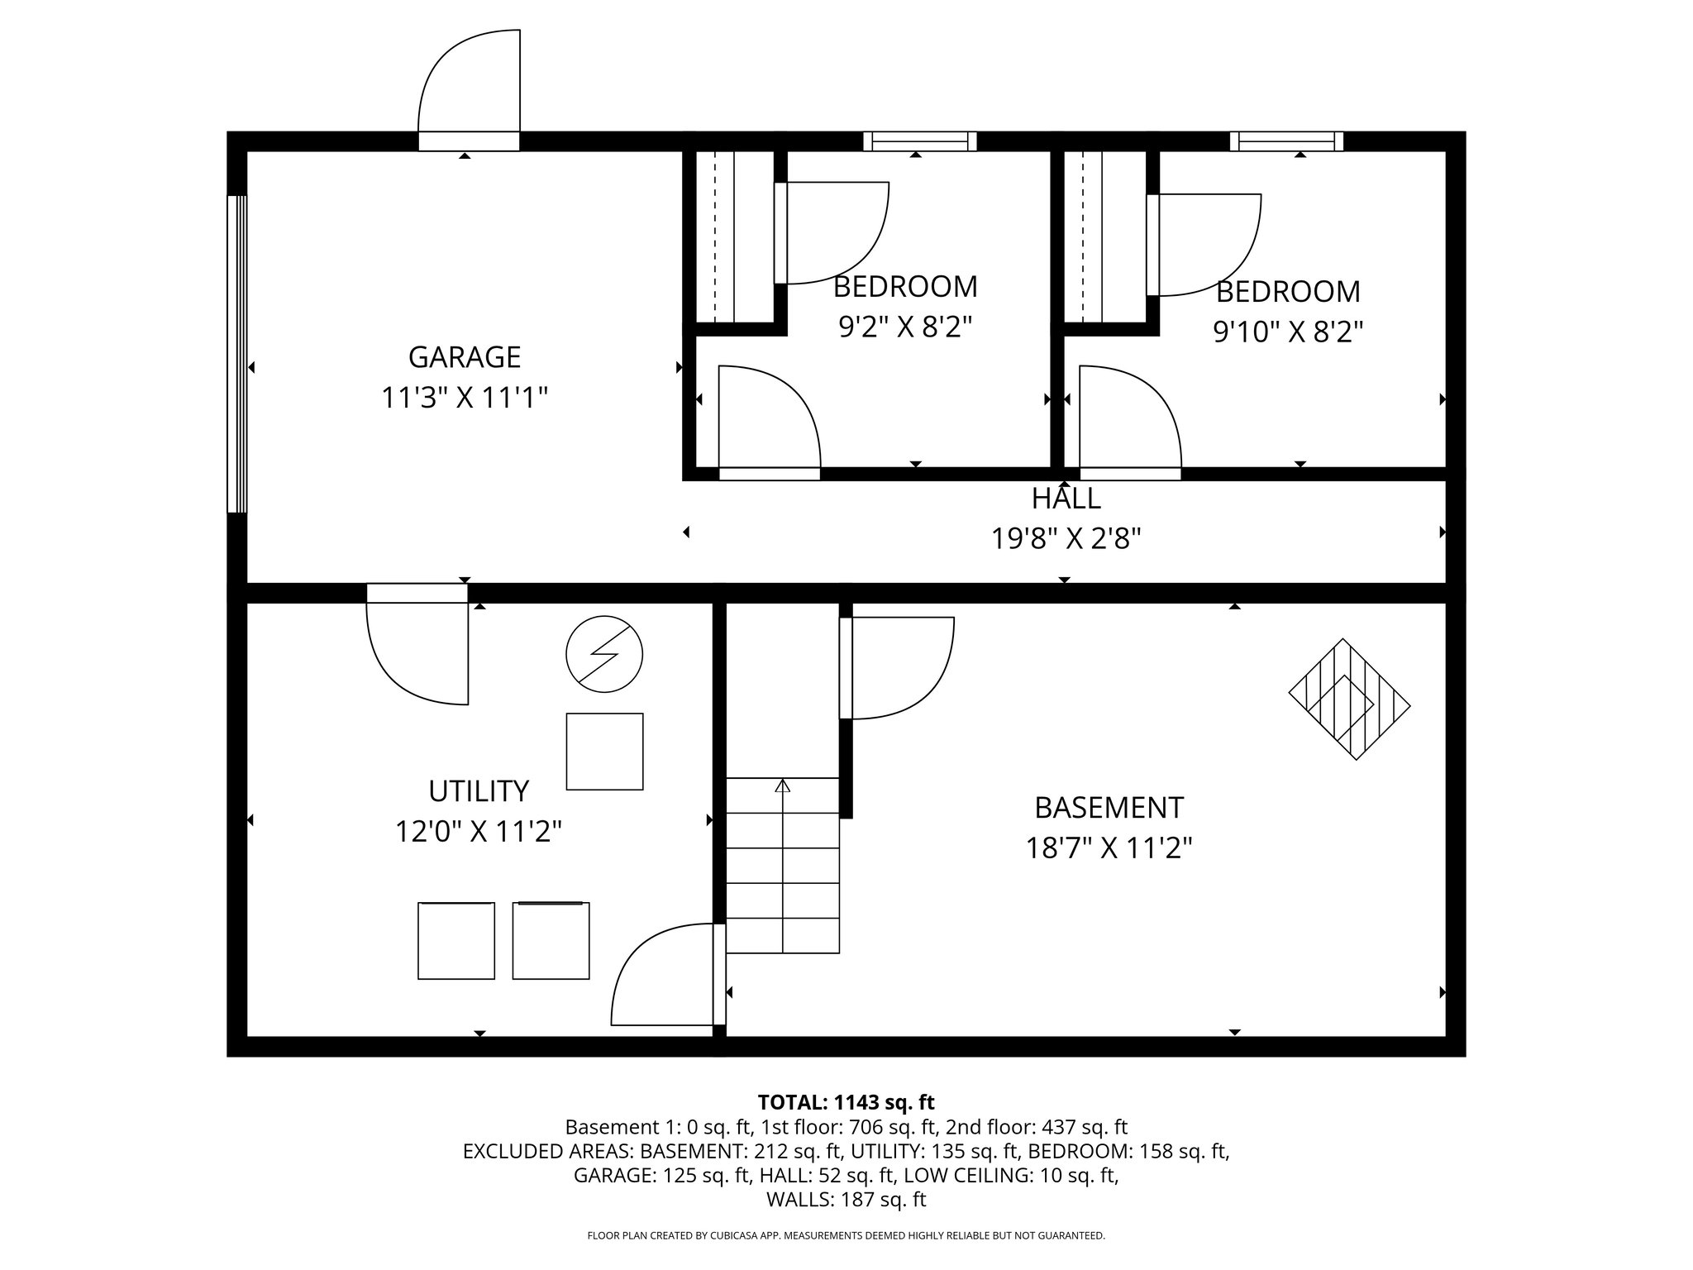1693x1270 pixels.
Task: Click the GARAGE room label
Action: click(465, 357)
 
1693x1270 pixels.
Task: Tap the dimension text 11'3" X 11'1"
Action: click(465, 399)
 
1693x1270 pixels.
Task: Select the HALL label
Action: click(1066, 499)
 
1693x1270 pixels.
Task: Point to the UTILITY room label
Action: click(478, 791)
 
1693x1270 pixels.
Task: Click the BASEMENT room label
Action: click(1109, 807)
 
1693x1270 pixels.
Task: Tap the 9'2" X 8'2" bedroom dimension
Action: click(904, 327)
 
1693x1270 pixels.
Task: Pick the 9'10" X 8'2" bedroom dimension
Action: click(1287, 332)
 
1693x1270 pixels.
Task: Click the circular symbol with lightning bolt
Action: click(604, 653)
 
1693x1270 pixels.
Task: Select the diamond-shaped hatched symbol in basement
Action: click(1349, 699)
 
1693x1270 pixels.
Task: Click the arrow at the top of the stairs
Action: click(782, 785)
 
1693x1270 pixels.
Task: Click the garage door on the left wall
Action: click(237, 354)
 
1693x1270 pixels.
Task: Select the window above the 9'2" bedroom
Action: click(919, 141)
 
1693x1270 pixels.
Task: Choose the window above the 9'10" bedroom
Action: click(1286, 141)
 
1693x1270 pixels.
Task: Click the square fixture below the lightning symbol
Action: click(604, 751)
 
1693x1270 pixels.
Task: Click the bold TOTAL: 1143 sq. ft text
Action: click(846, 1102)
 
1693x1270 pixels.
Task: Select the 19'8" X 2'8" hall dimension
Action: click(1066, 539)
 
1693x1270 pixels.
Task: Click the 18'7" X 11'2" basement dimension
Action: click(1109, 848)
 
